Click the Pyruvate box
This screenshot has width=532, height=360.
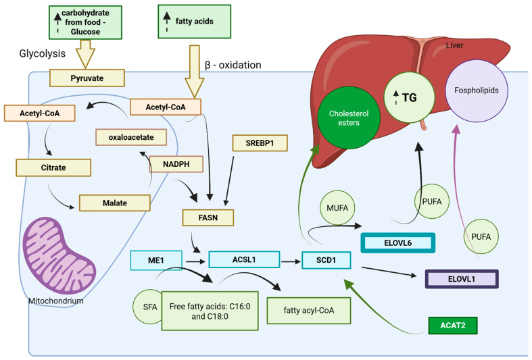coord(87,78)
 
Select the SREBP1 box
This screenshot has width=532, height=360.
coord(260,143)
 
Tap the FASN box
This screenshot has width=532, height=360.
coord(208,217)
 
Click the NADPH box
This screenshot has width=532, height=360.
coord(176,164)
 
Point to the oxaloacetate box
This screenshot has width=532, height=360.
coord(131,137)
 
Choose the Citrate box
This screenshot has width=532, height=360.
coord(53,168)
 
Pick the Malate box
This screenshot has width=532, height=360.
coord(115,203)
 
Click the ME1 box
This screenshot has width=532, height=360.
coord(156,260)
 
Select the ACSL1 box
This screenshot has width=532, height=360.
coord(244,259)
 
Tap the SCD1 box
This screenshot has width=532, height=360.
coord(326,260)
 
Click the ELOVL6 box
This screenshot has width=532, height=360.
coord(398,242)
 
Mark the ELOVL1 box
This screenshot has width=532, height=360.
coord(462,279)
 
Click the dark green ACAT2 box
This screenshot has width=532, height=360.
coord(453,326)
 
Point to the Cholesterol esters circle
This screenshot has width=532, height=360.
coord(349,118)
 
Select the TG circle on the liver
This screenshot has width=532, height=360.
coord(409,98)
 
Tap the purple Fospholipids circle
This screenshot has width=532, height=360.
coord(477,91)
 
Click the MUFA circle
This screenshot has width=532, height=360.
coord(337,208)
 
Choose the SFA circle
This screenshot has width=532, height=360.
coord(148,307)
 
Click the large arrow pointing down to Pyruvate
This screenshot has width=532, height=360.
coord(85,54)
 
